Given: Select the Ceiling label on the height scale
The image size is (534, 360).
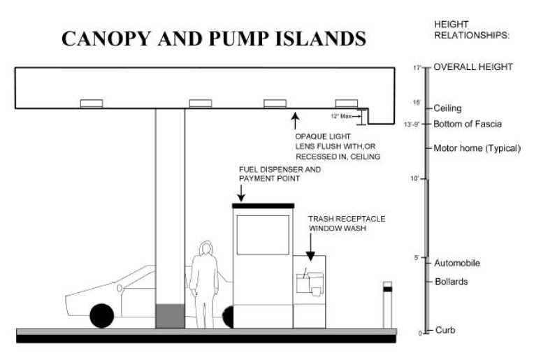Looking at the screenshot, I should (x=447, y=108).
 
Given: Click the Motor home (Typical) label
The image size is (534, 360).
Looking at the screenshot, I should (x=477, y=148).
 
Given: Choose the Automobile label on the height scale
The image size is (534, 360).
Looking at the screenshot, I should (x=457, y=264).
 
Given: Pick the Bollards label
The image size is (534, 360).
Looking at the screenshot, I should (x=451, y=282).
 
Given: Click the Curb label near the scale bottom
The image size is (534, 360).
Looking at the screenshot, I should (x=445, y=330).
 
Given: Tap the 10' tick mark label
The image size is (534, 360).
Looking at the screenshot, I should (x=414, y=179).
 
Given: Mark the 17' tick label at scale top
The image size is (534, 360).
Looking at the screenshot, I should (x=417, y=68).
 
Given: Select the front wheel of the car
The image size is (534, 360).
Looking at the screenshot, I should (x=101, y=315).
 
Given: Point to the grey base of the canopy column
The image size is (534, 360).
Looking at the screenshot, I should (x=170, y=315).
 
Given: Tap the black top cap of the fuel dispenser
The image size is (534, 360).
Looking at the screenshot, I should (x=263, y=205).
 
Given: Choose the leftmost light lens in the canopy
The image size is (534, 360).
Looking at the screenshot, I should (x=91, y=103).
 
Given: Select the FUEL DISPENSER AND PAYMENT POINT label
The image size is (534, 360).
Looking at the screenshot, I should (x=269, y=174).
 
